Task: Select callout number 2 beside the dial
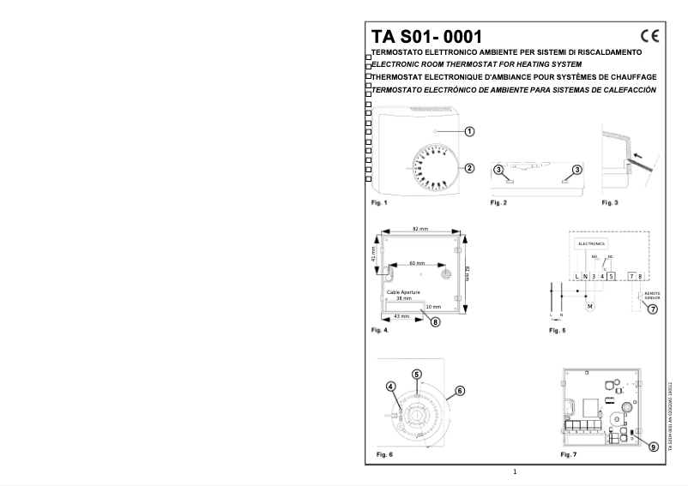[469, 167]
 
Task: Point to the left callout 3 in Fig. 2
[498, 171]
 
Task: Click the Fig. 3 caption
[610, 202]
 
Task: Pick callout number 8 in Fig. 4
[435, 321]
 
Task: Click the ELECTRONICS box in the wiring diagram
[592, 243]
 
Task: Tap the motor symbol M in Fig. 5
[589, 305]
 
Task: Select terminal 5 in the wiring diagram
[612, 275]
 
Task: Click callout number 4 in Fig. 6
[390, 385]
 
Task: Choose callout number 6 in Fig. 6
[459, 390]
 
